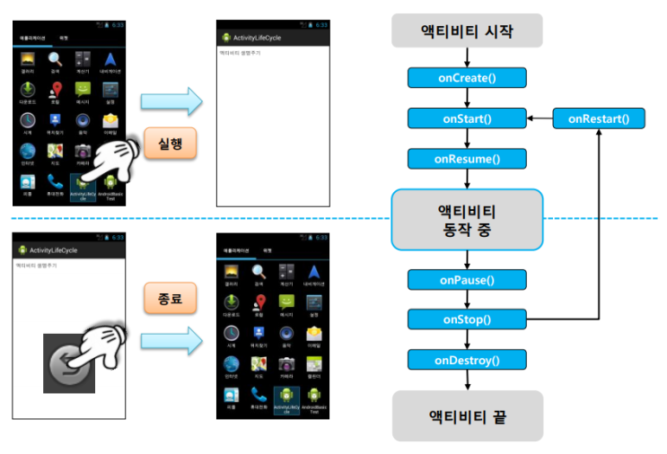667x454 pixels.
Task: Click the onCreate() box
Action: pos(467,77)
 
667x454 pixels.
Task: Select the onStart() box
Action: pos(467,118)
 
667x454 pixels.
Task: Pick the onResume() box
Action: pos(467,160)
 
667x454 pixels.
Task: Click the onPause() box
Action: pos(467,280)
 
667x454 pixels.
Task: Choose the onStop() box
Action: pos(467,319)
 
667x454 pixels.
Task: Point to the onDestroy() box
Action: pos(467,361)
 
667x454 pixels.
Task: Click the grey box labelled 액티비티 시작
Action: pos(467,31)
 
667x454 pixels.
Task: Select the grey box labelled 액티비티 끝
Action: pos(467,415)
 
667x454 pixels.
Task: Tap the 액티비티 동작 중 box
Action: pos(467,219)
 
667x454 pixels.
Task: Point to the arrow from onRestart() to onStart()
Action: pos(539,118)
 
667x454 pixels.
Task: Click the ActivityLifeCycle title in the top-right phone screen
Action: pos(259,38)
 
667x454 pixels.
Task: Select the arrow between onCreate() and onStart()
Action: pos(467,98)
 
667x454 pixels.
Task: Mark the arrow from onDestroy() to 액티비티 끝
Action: pos(467,380)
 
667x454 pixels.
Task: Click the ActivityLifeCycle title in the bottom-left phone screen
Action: pos(57,250)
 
